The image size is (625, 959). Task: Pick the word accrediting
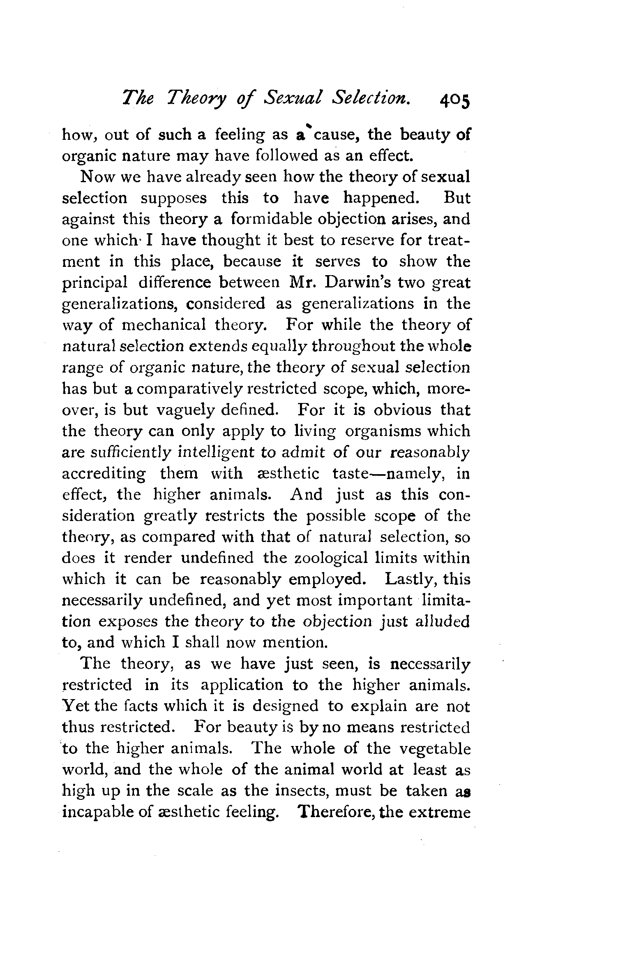pos(104,474)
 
